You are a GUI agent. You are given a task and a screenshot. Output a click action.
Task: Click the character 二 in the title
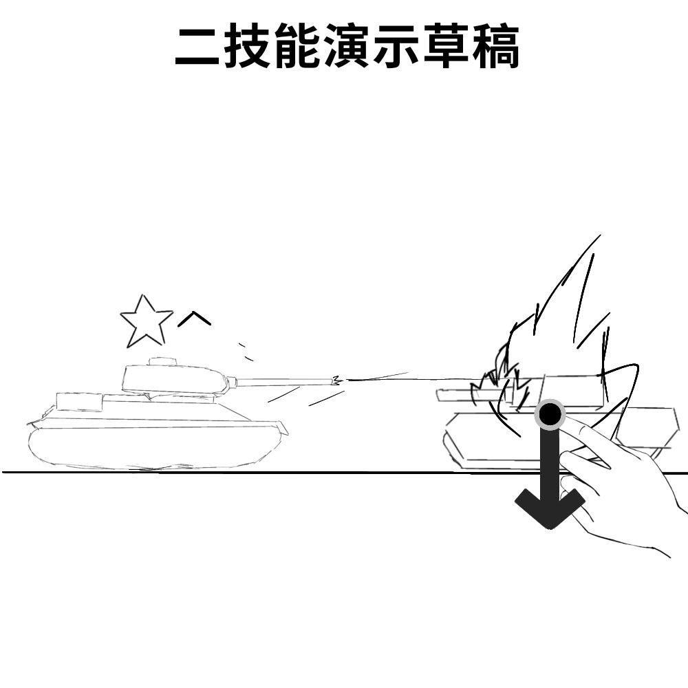(x=197, y=46)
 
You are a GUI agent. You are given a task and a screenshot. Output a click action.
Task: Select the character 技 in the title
(x=247, y=45)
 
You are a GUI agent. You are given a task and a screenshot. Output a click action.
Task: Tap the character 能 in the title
(x=297, y=45)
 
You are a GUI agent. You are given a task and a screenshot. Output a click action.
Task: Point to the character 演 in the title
(x=347, y=45)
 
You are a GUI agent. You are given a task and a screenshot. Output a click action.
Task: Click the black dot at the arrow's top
(x=549, y=413)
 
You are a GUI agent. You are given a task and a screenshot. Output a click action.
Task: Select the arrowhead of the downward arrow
(x=549, y=508)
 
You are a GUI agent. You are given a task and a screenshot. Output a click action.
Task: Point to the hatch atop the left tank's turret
(x=163, y=361)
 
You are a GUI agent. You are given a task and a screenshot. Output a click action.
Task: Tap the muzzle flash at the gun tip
(x=336, y=380)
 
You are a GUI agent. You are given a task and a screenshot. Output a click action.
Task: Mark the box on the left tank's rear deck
(x=79, y=402)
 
